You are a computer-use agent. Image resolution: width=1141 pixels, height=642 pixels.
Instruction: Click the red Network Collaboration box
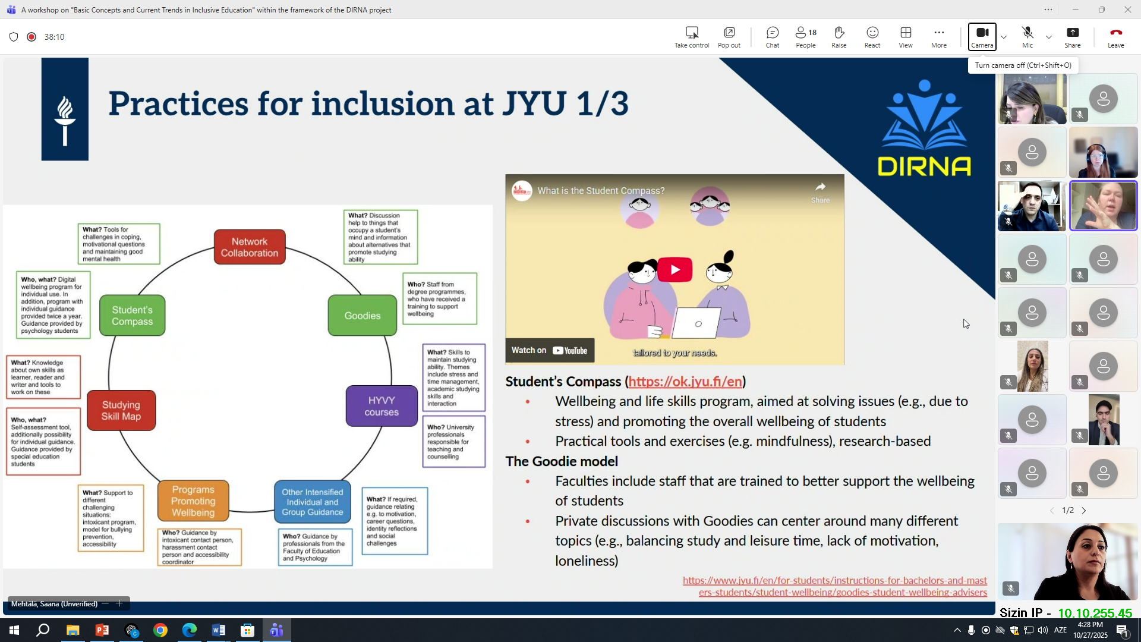250,247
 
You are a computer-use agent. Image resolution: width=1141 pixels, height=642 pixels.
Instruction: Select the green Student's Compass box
132,315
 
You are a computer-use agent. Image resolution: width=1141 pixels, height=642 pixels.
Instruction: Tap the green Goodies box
363,315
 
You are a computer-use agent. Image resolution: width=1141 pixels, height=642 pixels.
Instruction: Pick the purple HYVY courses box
382,406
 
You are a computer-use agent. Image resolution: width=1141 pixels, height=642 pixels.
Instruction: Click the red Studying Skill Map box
121,410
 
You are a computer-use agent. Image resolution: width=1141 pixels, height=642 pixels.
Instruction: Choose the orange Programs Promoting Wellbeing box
193,501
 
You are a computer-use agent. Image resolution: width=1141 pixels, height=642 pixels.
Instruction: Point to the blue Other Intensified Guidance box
313,502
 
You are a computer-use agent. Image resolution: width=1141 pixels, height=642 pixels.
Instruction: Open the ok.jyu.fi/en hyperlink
685,382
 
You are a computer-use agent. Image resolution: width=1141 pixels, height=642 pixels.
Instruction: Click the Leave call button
1115,37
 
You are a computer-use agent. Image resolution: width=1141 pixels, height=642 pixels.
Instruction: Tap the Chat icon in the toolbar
773,37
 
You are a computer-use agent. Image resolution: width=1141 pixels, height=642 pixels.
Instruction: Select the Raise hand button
839,37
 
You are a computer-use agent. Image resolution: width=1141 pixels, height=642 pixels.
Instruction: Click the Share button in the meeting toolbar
1073,37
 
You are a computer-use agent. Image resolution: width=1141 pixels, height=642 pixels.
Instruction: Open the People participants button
806,37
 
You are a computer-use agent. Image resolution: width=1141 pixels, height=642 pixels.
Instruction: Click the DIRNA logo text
924,166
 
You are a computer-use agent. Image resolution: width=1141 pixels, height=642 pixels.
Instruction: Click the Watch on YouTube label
550,351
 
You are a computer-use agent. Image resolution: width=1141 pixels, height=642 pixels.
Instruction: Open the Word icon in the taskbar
218,630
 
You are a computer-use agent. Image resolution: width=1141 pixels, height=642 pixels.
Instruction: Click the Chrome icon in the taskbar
160,630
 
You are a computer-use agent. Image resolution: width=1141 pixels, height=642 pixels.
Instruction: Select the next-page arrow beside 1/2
1084,511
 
